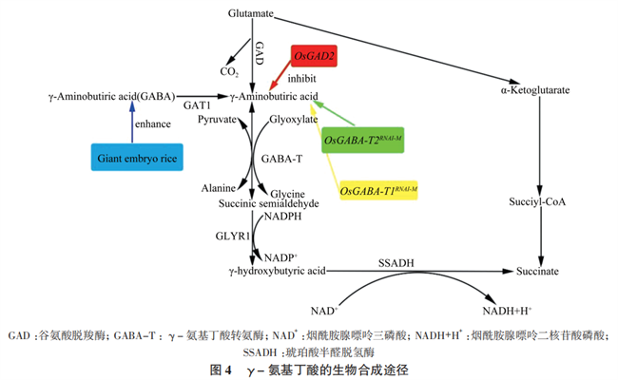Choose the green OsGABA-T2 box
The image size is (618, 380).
tap(362, 141)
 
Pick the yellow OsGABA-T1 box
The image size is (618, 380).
tap(378, 190)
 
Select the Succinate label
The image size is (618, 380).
tap(538, 272)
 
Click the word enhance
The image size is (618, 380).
tap(152, 124)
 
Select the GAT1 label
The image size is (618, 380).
tap(197, 104)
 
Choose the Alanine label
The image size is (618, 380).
tap(218, 189)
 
